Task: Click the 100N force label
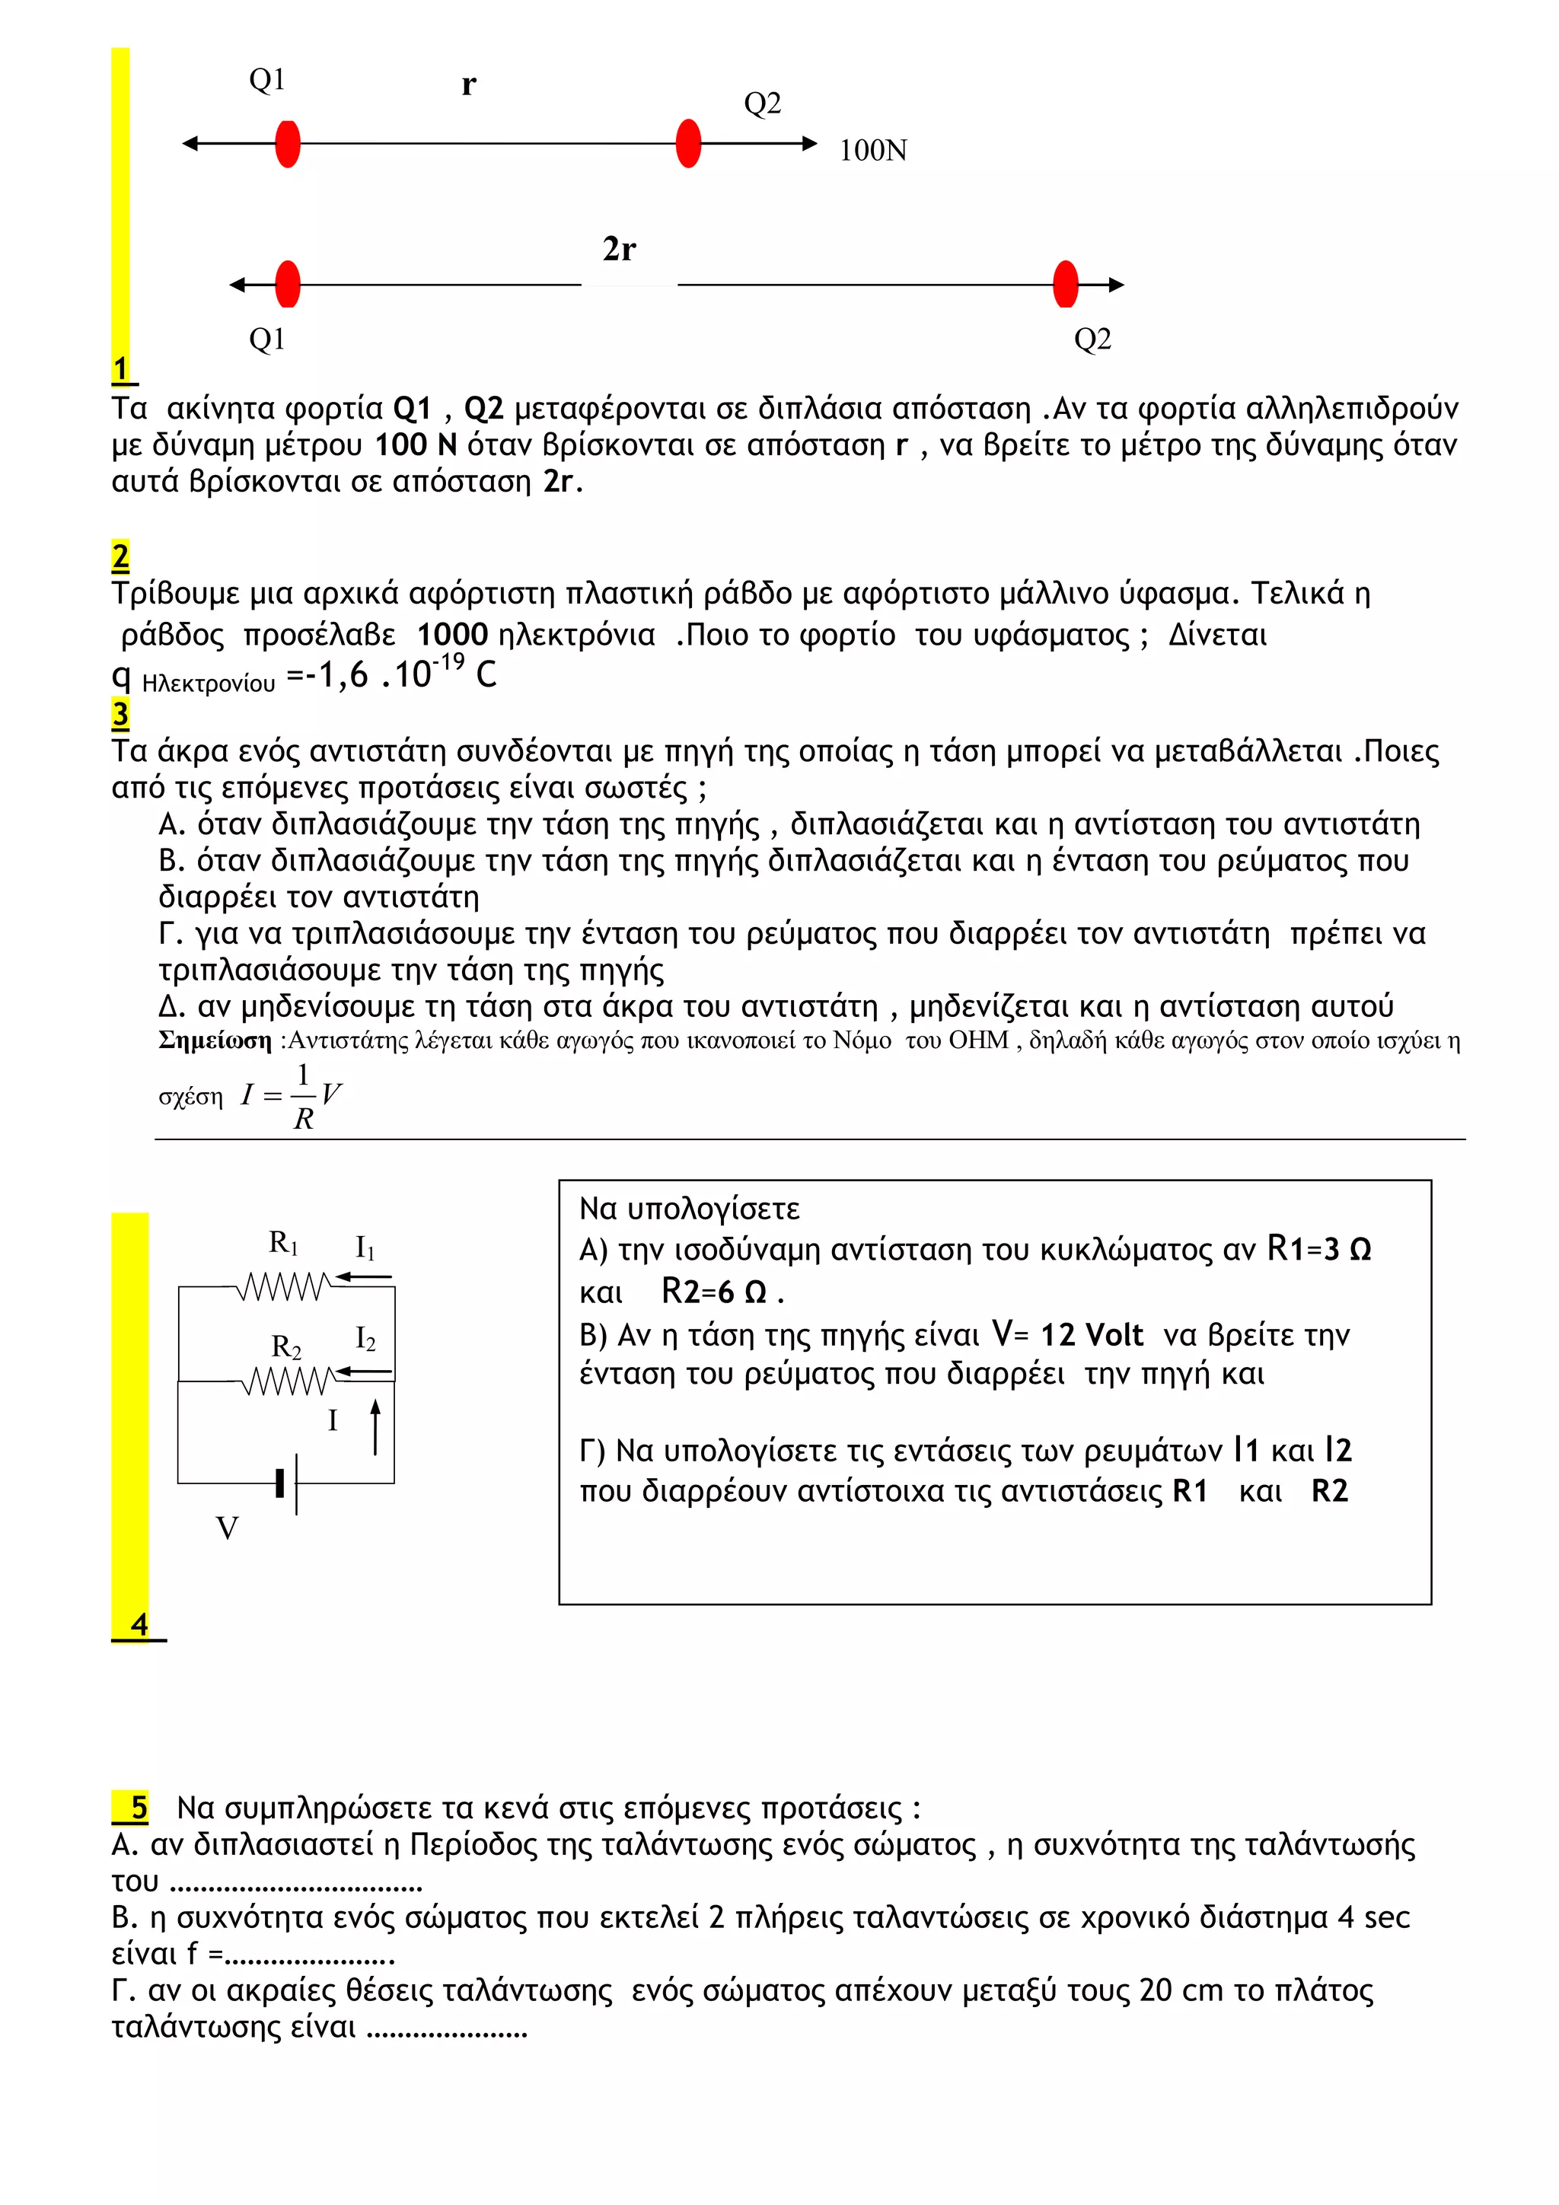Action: pos(872,151)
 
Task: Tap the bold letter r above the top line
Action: pos(468,84)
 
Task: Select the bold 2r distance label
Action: pos(619,249)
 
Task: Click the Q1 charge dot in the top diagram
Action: pos(287,144)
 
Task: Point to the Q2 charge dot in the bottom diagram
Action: pos(1065,284)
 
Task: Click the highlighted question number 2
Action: pos(120,557)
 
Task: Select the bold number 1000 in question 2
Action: pos(452,635)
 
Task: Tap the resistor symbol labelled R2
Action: pos(286,1381)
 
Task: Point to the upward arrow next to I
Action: pos(375,1427)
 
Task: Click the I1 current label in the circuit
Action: pos(365,1247)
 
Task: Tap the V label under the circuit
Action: pos(227,1529)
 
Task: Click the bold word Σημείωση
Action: pos(215,1041)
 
